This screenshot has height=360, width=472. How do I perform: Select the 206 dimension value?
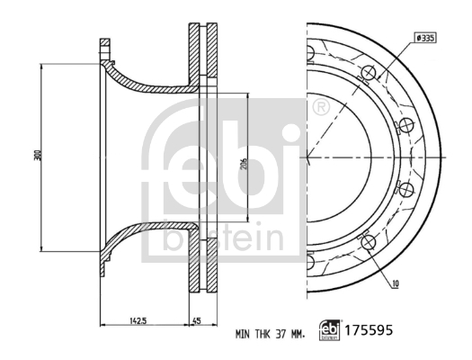pyautogui.click(x=244, y=166)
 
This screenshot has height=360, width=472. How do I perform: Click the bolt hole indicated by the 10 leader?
pyautogui.click(x=367, y=241)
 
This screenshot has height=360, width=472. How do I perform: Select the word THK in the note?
pyautogui.click(x=256, y=334)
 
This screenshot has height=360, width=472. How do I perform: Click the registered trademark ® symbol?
pyautogui.click(x=319, y=109)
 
